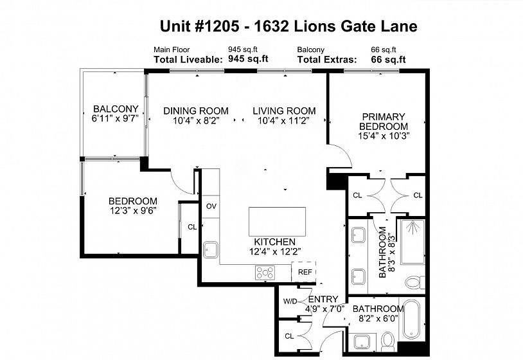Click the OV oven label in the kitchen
click(211, 206)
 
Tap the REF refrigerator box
click(304, 272)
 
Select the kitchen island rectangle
click(277, 222)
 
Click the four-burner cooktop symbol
click(265, 273)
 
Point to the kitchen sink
click(211, 250)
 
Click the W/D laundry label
click(290, 301)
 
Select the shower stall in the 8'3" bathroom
click(412, 242)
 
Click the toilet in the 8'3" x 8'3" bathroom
click(415, 283)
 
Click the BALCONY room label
click(116, 109)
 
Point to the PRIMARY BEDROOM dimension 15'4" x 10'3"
click(384, 136)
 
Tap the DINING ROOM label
click(196, 111)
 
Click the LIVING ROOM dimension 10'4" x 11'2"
click(283, 120)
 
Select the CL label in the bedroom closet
click(192, 227)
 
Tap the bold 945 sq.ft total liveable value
click(248, 59)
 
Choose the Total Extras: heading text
click(327, 60)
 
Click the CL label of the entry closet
click(289, 336)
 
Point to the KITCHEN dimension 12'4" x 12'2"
click(275, 251)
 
